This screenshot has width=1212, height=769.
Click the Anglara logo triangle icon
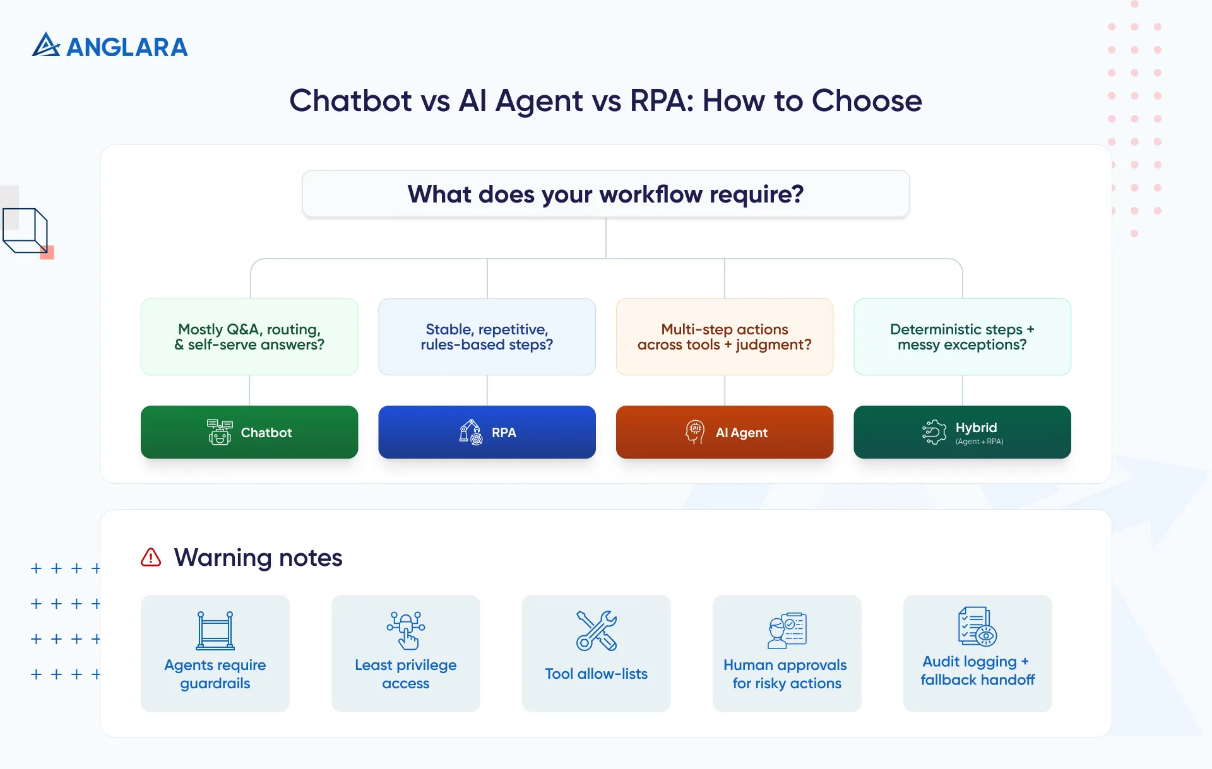tap(45, 45)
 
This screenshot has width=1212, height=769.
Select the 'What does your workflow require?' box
tap(605, 194)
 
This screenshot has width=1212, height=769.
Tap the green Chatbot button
tap(249, 432)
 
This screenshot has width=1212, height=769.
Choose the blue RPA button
tap(487, 432)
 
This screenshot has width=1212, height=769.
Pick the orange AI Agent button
tap(724, 432)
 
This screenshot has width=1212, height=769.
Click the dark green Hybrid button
tap(962, 432)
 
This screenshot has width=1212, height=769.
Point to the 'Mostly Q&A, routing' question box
tap(249, 337)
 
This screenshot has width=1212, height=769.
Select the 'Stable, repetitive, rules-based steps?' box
tap(487, 337)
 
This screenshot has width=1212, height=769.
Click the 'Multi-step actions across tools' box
tap(724, 337)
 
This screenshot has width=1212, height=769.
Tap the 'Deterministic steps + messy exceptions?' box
tap(962, 337)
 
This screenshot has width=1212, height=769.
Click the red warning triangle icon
tap(151, 558)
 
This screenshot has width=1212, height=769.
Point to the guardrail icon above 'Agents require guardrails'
tap(215, 630)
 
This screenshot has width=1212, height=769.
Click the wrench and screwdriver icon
tap(596, 630)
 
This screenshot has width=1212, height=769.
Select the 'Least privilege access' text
tap(405, 674)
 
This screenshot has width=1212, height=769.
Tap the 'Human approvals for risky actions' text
tap(786, 674)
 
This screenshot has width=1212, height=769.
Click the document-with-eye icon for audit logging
tap(977, 626)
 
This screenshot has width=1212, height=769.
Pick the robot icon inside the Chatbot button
tap(220, 432)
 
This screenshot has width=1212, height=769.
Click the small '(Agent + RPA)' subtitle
tap(979, 442)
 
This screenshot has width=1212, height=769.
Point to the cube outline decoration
tap(25, 231)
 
